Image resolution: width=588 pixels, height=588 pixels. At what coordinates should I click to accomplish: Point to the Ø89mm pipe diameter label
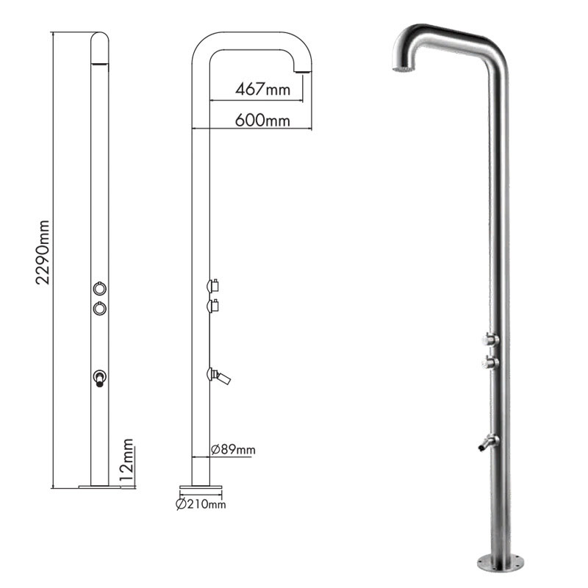point(233,449)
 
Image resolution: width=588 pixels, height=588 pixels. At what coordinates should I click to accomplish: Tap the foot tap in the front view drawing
point(99,379)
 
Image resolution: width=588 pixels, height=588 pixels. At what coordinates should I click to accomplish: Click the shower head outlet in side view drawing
point(301,69)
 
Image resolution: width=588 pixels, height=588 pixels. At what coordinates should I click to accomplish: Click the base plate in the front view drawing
point(99,486)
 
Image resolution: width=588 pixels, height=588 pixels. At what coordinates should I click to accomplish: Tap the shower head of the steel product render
point(403,69)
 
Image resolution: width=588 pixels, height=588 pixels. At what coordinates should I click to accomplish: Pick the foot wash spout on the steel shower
point(485,442)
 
